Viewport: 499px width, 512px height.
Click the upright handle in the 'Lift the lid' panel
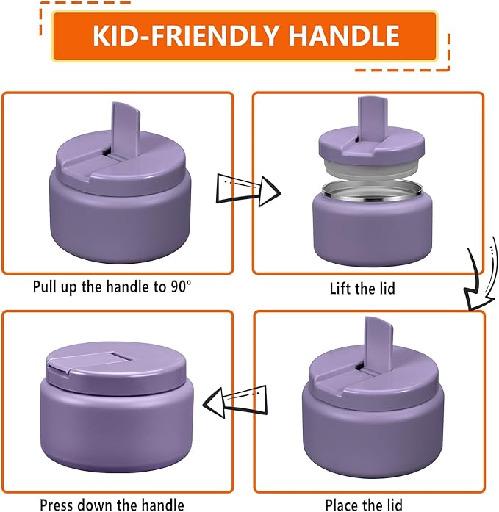[367, 117]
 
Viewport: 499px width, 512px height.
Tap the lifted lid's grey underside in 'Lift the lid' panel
[365, 170]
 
